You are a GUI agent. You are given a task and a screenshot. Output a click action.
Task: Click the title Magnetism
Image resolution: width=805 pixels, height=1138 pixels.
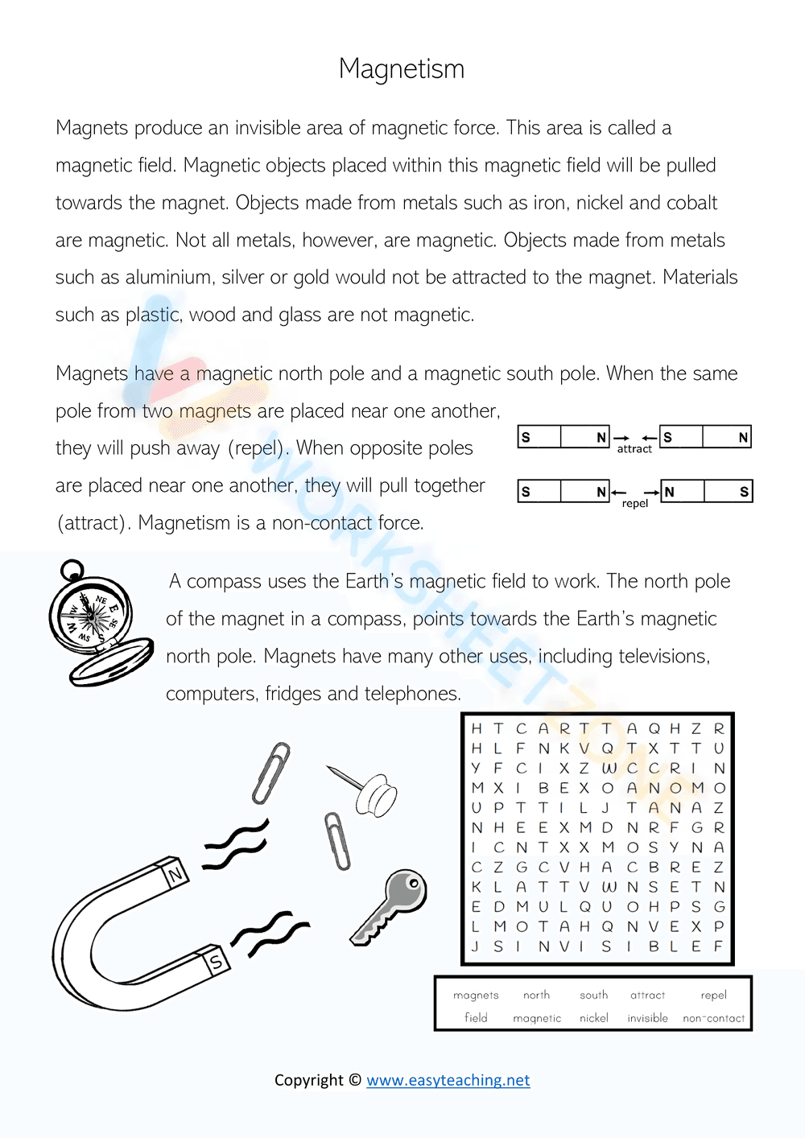click(401, 69)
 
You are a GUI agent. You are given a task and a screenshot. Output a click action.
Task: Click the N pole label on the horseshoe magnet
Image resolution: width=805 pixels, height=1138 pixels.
click(175, 873)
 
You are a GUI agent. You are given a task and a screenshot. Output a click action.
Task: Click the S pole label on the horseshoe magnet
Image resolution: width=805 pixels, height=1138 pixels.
click(216, 961)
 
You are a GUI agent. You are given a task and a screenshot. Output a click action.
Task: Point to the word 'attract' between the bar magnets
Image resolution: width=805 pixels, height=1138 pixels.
click(634, 449)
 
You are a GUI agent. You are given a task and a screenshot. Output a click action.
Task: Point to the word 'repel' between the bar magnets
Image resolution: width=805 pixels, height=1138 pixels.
click(634, 504)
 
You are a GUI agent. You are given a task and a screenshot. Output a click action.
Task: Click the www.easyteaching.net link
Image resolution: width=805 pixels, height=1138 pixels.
click(448, 1080)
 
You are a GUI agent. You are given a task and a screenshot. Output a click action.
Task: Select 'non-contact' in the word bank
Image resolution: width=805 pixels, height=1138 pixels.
click(713, 1018)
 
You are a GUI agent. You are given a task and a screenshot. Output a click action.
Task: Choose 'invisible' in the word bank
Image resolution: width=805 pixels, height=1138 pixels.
click(647, 1018)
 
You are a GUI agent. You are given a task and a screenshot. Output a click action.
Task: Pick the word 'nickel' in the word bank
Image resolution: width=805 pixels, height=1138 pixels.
click(593, 1018)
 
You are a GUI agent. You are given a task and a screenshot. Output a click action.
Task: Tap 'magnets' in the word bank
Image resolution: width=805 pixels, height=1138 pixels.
click(476, 996)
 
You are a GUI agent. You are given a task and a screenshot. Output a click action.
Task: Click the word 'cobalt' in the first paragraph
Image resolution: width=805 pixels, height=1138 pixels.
click(690, 203)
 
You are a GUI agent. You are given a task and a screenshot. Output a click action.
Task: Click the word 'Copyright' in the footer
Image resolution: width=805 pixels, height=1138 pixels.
click(309, 1080)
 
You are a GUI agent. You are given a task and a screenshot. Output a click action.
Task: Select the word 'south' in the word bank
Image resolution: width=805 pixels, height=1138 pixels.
click(593, 996)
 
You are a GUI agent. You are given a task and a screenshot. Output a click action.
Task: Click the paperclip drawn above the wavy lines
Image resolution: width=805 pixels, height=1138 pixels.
click(270, 773)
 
